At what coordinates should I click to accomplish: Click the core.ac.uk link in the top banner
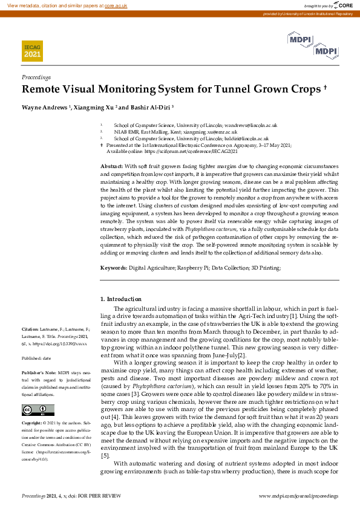(116, 5)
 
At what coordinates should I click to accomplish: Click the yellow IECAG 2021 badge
(33, 50)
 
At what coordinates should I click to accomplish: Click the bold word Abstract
(111, 166)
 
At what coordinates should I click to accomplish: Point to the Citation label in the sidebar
(31, 329)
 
